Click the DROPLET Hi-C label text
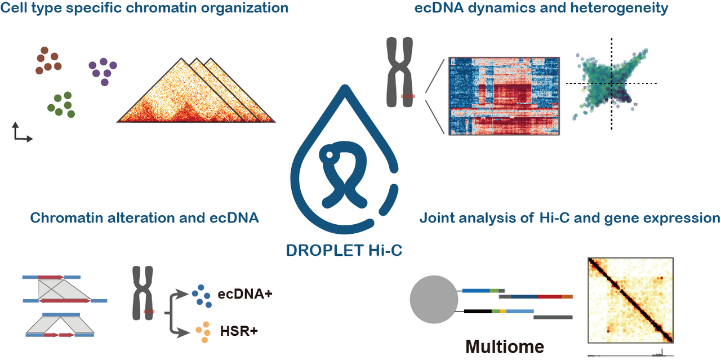[x=344, y=250]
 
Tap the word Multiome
[x=504, y=346]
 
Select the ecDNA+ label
[x=245, y=294]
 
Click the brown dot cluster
[x=48, y=61]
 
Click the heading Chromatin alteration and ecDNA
[x=144, y=217]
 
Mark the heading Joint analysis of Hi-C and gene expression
[x=570, y=217]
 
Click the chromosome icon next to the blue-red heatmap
[x=400, y=72]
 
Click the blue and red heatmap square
[x=504, y=96]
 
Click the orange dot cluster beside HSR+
[x=203, y=332]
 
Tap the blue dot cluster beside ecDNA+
[x=202, y=296]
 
